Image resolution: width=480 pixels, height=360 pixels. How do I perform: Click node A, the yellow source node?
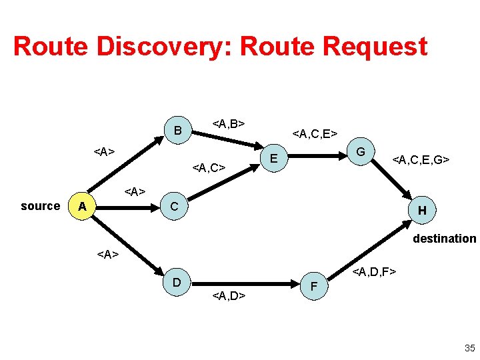[82, 207]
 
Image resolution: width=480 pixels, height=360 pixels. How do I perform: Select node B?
[177, 130]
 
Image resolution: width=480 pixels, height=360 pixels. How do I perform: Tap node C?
[174, 207]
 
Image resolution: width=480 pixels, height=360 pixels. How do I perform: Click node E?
[273, 158]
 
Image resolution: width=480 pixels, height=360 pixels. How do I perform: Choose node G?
[361, 152]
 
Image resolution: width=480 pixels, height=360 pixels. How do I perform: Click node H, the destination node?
[422, 211]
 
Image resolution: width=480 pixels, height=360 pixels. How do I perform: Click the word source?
[40, 206]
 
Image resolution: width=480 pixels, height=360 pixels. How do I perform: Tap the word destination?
[444, 239]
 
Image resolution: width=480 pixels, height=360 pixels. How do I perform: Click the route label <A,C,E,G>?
[421, 160]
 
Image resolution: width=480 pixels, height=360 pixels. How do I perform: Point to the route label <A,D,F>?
[375, 271]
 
